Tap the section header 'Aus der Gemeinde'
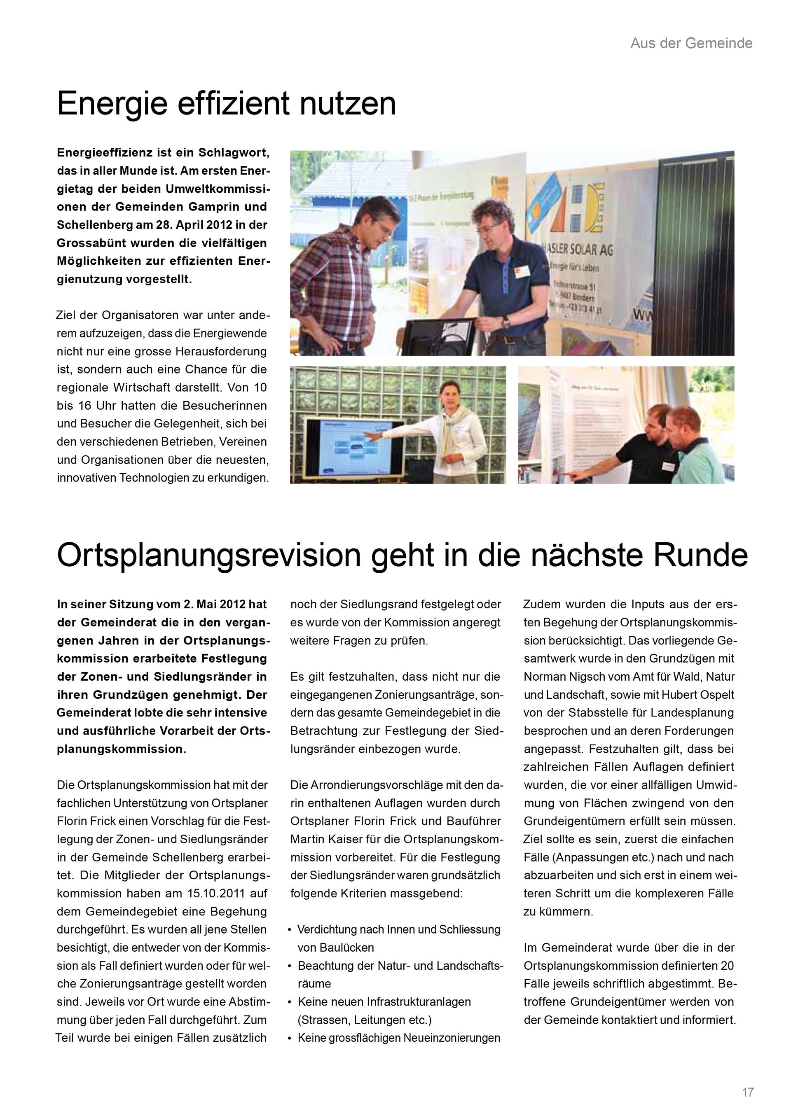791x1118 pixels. (x=691, y=43)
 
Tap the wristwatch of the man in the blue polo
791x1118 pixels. (x=507, y=321)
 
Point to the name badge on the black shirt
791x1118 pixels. (x=668, y=466)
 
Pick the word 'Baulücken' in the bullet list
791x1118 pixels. (x=336, y=948)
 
